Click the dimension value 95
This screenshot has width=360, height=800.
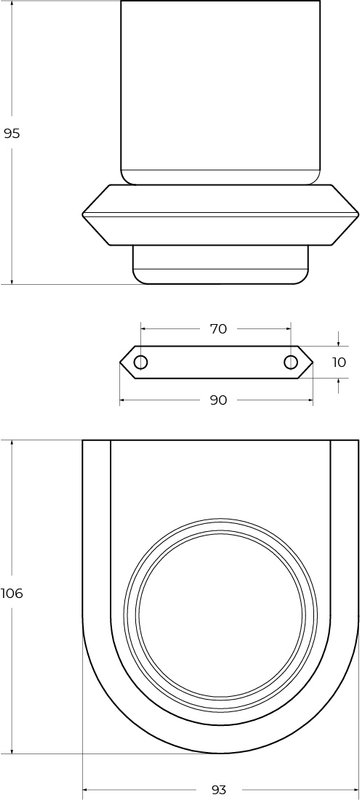click(x=11, y=134)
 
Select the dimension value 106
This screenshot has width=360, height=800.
click(x=12, y=593)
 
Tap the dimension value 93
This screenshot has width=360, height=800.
click(x=218, y=790)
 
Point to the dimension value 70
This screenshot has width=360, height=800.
click(x=218, y=329)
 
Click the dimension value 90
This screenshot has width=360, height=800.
click(x=218, y=401)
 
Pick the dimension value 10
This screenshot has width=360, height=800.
click(x=339, y=362)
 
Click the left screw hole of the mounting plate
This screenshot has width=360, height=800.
click(x=141, y=362)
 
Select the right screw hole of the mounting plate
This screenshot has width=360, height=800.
click(x=291, y=362)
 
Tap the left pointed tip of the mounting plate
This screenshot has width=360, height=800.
click(x=120, y=362)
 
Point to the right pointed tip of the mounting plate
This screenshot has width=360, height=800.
click(x=312, y=362)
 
